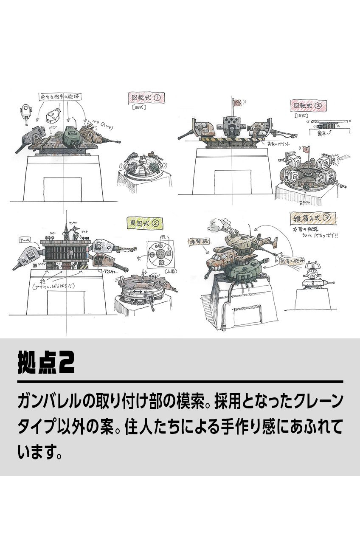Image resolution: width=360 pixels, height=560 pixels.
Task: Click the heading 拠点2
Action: pyautogui.click(x=46, y=362)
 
